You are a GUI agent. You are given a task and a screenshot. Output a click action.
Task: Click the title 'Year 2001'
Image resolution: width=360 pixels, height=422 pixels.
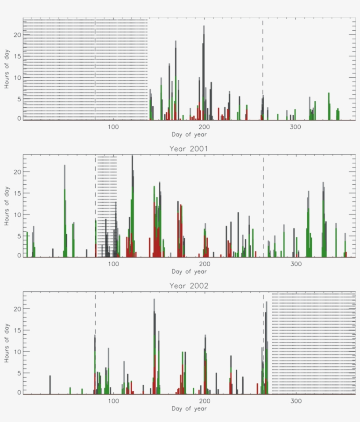pyautogui.click(x=189, y=149)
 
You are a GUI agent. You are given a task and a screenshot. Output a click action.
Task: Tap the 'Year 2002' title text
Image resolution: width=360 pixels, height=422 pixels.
pyautogui.click(x=189, y=286)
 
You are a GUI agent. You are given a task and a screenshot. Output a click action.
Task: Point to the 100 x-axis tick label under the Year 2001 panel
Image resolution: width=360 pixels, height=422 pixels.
pyautogui.click(x=113, y=264)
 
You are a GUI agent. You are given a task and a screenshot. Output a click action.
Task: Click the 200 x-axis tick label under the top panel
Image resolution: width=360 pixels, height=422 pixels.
pyautogui.click(x=204, y=127)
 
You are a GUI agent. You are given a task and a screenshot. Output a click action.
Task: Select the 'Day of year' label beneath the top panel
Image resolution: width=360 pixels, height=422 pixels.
pyautogui.click(x=189, y=134)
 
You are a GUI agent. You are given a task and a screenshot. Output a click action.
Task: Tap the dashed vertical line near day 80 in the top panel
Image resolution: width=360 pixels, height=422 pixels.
pyautogui.click(x=95, y=66)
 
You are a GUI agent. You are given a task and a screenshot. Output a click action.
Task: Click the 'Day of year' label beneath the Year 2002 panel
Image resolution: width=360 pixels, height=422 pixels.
pyautogui.click(x=189, y=408)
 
